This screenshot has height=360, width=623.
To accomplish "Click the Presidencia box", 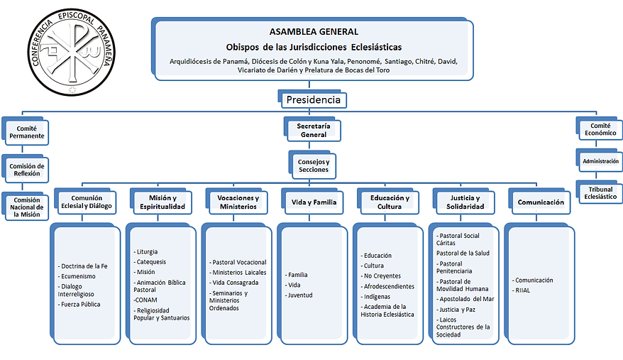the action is [x=312, y=99].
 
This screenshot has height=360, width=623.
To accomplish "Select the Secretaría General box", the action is [x=312, y=129].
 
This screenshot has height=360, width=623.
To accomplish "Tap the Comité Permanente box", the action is [x=26, y=131].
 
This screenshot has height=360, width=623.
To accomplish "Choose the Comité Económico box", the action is [x=599, y=128].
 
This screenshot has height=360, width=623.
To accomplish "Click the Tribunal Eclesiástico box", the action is [x=600, y=192].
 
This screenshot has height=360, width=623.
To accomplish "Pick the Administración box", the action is [x=600, y=160].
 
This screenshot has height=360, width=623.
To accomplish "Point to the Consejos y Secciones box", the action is [x=312, y=165].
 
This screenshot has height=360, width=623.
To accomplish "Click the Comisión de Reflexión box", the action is [x=26, y=169].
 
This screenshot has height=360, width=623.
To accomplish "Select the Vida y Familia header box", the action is [x=312, y=202].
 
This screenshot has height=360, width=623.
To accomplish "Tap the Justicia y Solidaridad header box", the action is [x=463, y=202].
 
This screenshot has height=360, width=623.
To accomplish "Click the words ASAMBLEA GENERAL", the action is [x=314, y=32].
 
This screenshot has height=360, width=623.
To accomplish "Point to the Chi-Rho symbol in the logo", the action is [x=72, y=52].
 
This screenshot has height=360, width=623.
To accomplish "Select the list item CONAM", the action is [x=145, y=300].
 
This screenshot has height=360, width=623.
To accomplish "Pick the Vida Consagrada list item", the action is [x=234, y=283].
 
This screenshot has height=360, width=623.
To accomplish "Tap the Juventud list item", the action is [x=299, y=295].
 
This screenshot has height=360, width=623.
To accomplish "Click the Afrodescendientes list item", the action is [x=387, y=286].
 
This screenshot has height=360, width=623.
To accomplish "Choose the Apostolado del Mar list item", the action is [x=465, y=299].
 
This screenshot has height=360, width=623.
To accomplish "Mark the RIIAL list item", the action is [x=522, y=290].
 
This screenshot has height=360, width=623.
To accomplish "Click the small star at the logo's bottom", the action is [x=72, y=89].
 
